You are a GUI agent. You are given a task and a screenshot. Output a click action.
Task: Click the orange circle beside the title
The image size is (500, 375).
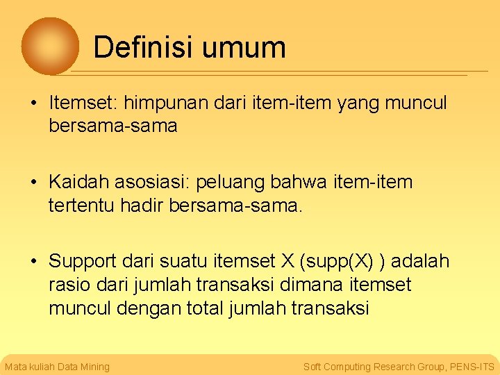(x=50, y=46)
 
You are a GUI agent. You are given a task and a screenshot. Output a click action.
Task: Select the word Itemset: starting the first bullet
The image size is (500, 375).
(x=83, y=103)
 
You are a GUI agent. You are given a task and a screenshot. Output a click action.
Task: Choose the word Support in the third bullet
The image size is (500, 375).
(x=83, y=262)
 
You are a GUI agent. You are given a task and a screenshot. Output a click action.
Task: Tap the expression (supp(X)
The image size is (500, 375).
(x=336, y=262)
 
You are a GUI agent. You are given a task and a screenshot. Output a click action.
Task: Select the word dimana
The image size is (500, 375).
(x=315, y=285)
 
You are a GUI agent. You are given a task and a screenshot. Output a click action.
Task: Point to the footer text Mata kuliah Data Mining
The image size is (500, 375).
(x=57, y=367)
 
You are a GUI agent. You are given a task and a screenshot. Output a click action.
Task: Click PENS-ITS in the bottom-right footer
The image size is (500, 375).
(x=472, y=367)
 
